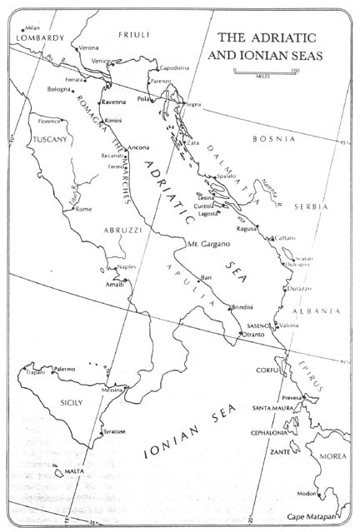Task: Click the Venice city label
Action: click(x=100, y=62)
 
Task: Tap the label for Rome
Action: click(x=83, y=209)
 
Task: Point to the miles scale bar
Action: click(x=266, y=72)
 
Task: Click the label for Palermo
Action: click(x=64, y=369)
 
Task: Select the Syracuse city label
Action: click(x=114, y=431)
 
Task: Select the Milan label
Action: click(x=32, y=27)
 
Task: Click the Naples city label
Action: click(x=126, y=266)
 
